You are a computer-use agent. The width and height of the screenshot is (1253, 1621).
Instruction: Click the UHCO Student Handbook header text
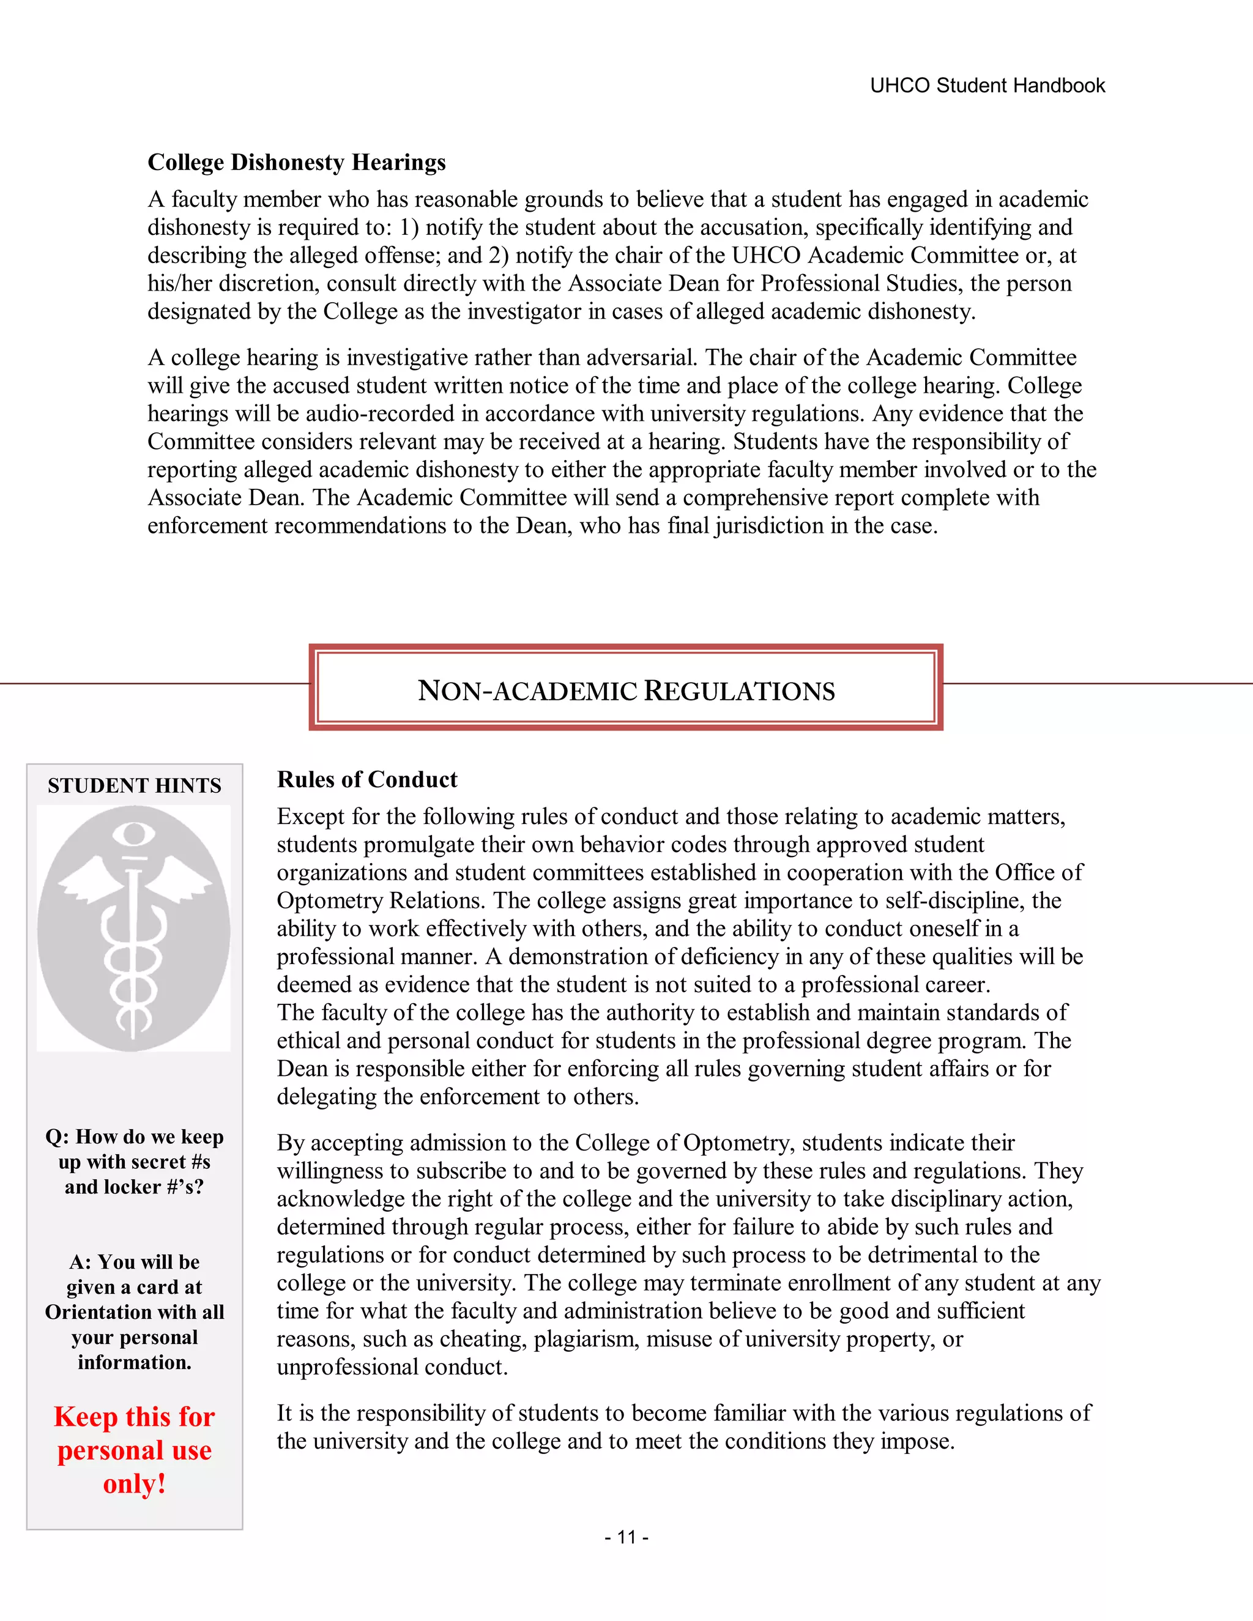(987, 86)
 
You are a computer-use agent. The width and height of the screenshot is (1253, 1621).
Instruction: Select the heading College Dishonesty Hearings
(296, 162)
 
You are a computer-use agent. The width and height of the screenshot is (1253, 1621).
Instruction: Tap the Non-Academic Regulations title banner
(626, 689)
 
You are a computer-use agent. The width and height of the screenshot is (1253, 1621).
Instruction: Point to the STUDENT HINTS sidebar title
(135, 785)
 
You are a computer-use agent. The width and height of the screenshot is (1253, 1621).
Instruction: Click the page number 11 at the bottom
(626, 1537)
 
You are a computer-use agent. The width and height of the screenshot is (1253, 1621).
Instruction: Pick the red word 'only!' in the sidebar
(135, 1484)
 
